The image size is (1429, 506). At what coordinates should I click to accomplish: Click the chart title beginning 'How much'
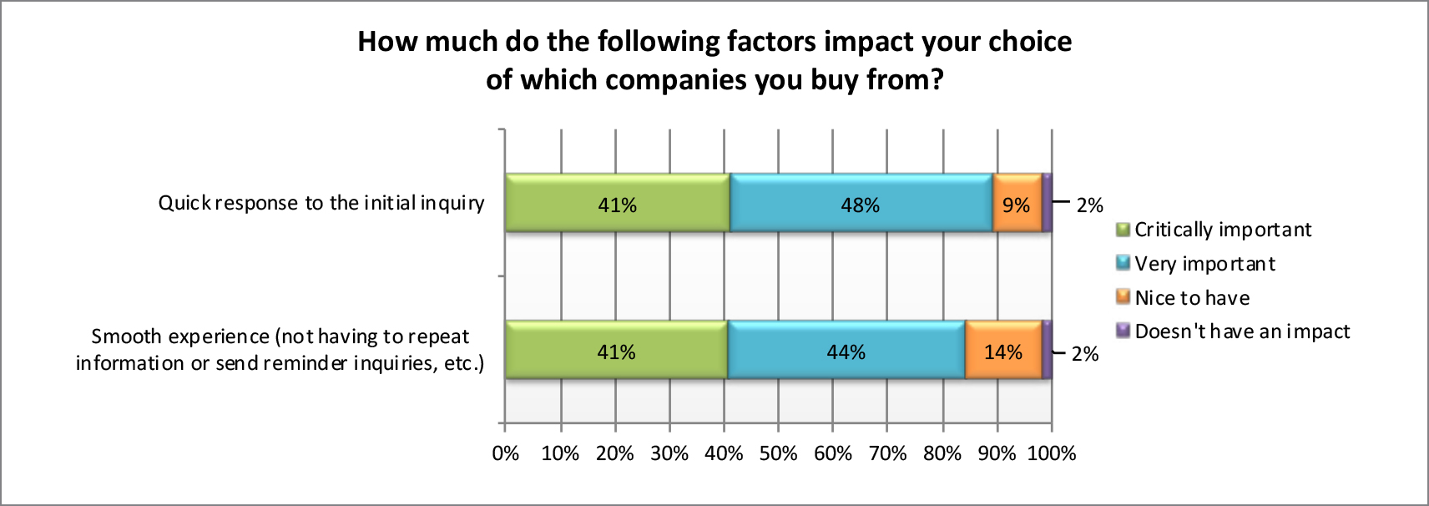[714, 60]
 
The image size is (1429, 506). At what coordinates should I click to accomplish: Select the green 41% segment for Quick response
[617, 203]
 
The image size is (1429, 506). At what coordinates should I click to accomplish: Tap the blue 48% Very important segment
[861, 203]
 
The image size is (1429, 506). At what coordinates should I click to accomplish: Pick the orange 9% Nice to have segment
[1017, 203]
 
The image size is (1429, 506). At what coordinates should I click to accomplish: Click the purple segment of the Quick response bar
[1047, 203]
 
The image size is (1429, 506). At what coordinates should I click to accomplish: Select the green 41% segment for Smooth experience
[616, 351]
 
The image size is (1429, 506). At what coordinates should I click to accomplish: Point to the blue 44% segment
[846, 351]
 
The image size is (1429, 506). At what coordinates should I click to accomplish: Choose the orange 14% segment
[1002, 351]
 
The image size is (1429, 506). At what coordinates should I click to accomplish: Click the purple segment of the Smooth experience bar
[1047, 351]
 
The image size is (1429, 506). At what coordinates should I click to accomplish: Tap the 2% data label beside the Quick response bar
[1089, 205]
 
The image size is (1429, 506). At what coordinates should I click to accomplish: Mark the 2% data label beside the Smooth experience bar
[1085, 354]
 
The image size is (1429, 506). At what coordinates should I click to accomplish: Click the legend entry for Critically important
[1222, 230]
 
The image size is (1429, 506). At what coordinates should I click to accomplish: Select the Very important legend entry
[1204, 264]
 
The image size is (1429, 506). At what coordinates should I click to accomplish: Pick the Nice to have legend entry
[1191, 298]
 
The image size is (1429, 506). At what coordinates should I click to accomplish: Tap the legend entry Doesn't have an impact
[1241, 331]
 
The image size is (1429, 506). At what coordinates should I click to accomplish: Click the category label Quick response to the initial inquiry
[321, 203]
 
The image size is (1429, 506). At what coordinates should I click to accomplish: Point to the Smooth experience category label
[280, 350]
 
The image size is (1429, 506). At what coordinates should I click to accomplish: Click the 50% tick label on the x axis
[778, 453]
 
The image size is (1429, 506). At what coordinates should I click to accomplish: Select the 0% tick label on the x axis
[506, 453]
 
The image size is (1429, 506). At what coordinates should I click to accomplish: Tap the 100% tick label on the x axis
[1052, 453]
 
